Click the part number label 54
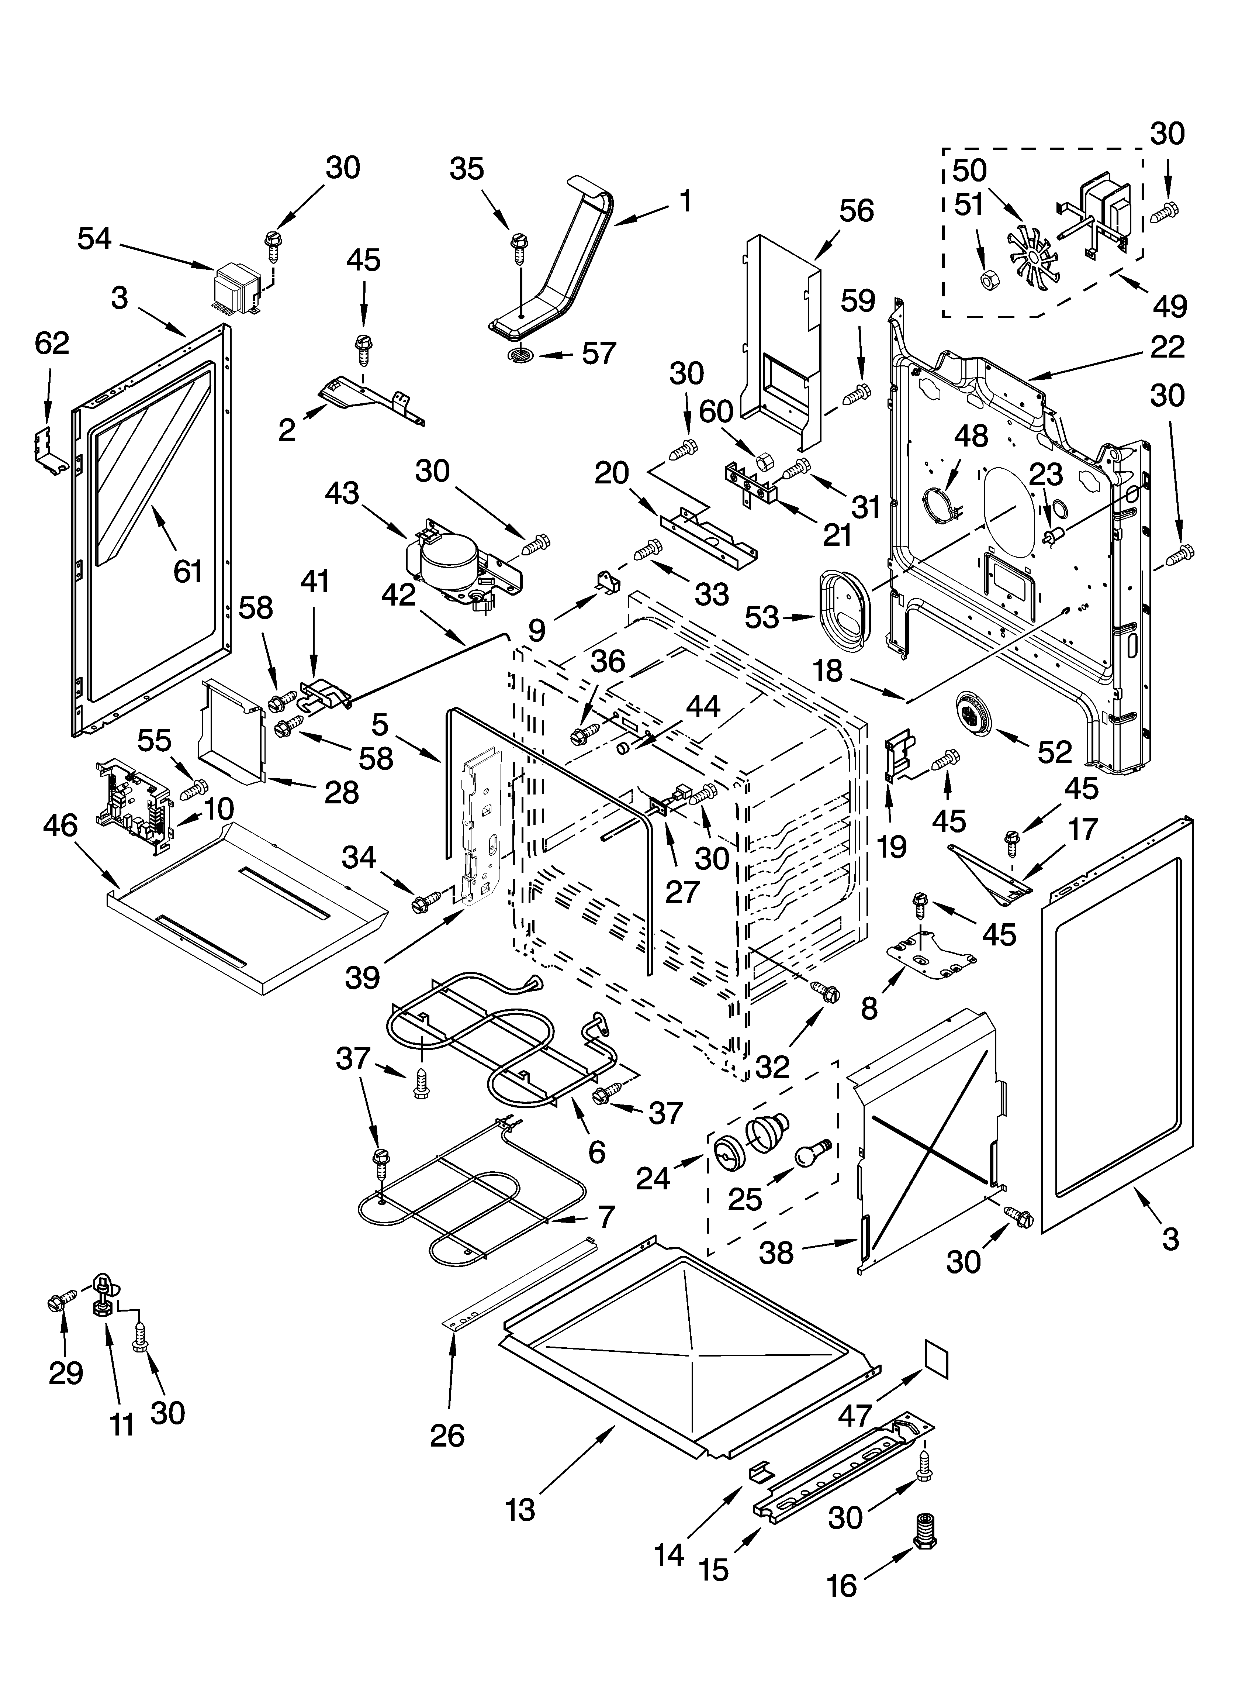(95, 239)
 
